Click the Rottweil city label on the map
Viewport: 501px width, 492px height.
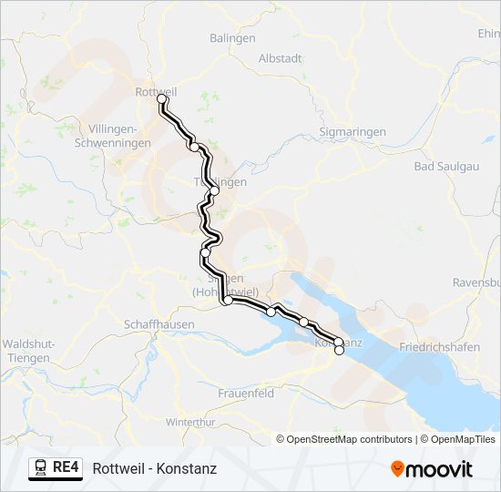pos(155,91)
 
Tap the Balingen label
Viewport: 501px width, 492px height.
pos(232,38)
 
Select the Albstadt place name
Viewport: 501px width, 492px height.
pos(281,57)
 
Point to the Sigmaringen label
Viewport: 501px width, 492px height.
pos(354,132)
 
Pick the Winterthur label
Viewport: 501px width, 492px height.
pos(190,422)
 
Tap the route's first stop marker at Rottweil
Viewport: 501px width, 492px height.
pos(161,98)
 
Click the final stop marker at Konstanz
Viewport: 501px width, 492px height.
pos(339,350)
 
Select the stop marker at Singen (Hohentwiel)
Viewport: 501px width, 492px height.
pos(227,302)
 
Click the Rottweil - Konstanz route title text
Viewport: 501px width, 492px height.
pos(154,469)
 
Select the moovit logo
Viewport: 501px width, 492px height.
pos(432,469)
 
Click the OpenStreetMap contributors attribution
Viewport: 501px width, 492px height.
pos(349,439)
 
